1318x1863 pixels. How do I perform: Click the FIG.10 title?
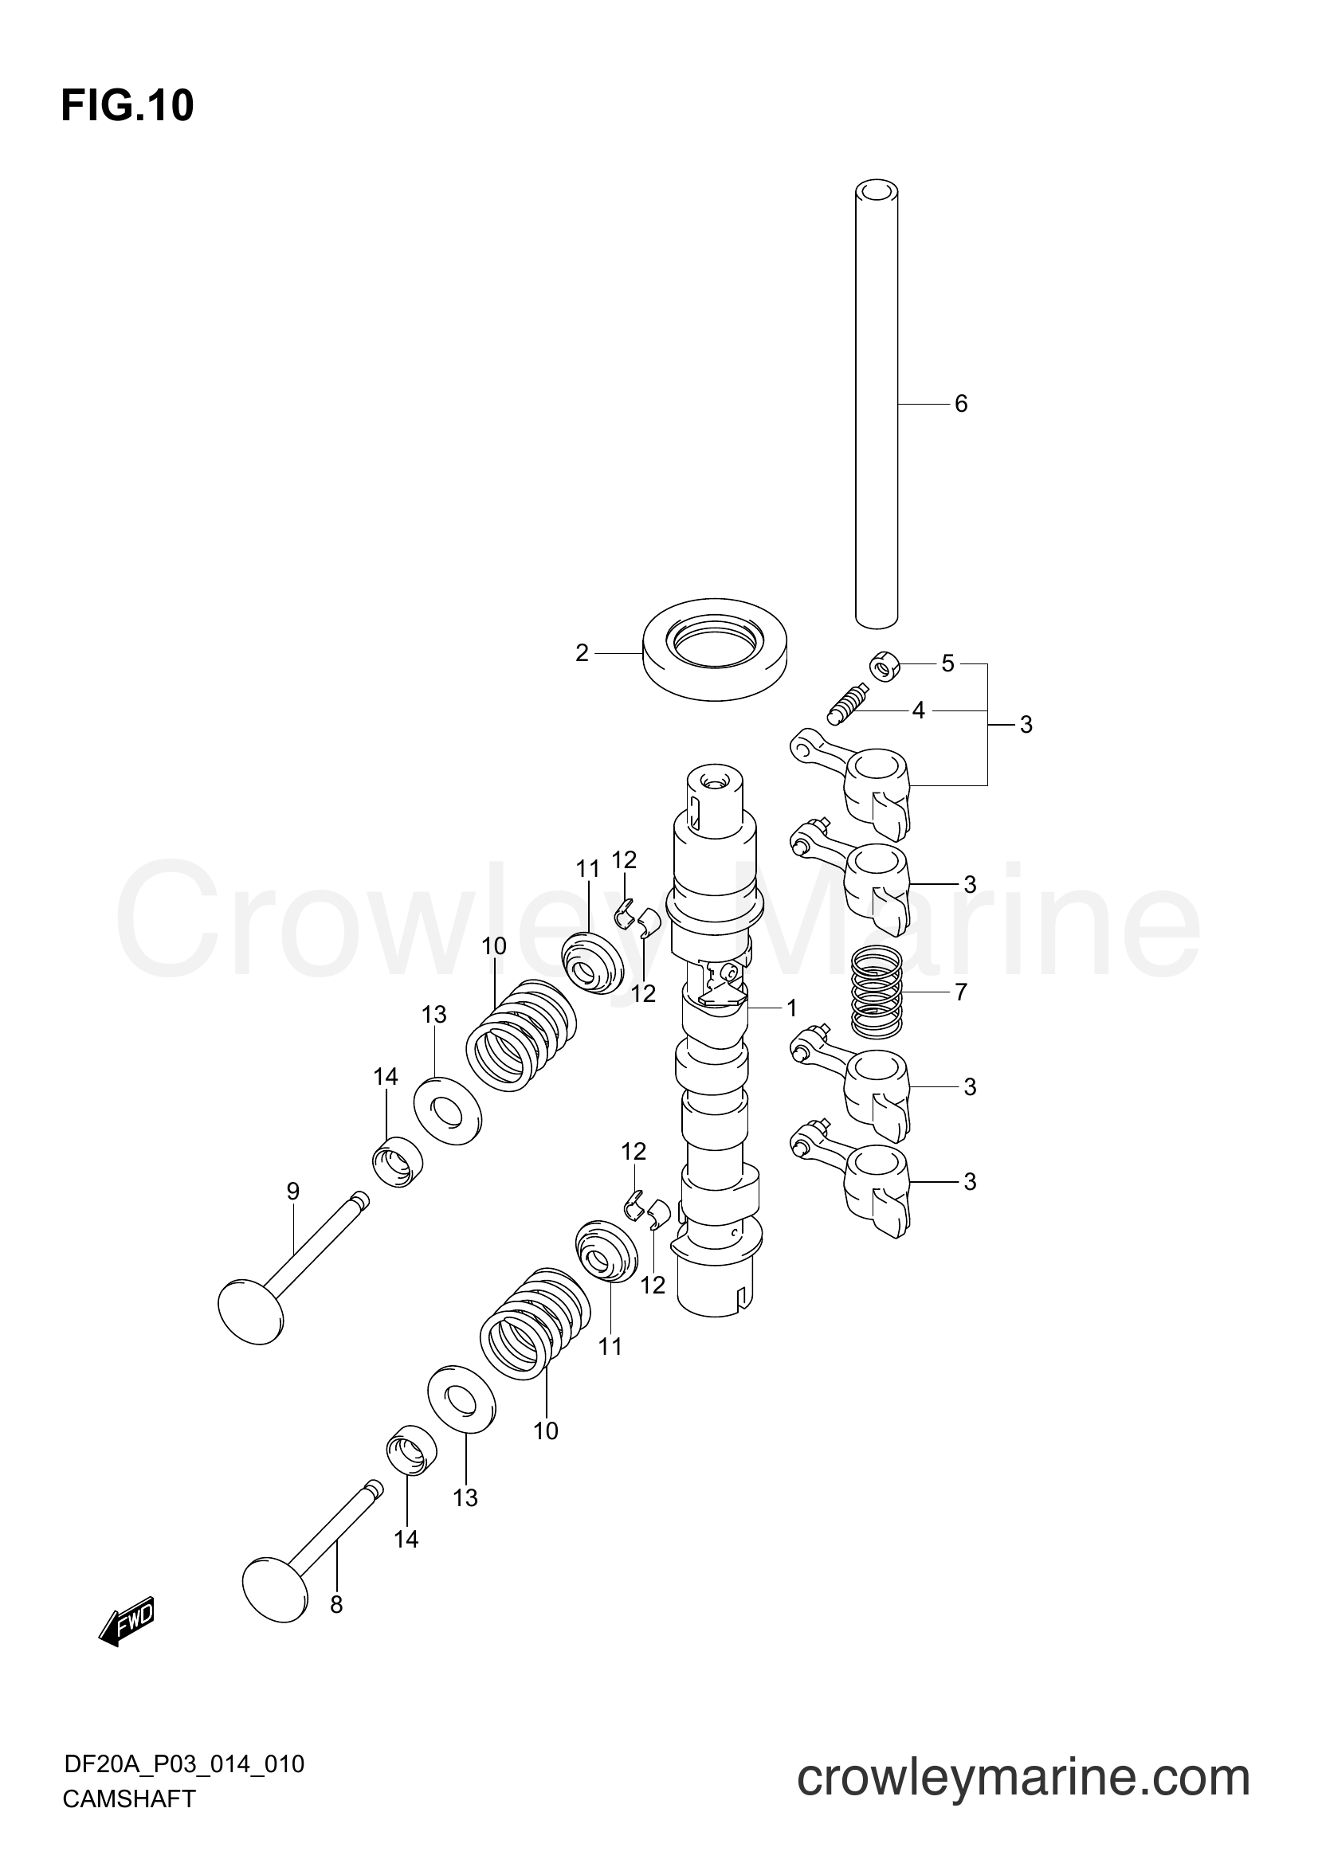[x=127, y=106]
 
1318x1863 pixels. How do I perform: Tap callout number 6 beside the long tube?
[x=961, y=404]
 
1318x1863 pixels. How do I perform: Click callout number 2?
[x=582, y=653]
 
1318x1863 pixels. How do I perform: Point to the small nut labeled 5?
[x=885, y=667]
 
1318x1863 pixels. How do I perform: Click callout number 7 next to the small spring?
[x=961, y=992]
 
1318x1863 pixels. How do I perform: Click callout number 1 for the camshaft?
[x=791, y=1008]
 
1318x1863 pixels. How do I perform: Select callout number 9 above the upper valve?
[x=293, y=1191]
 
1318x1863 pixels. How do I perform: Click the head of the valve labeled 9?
[x=252, y=1312]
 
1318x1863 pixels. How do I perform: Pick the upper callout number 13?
[x=434, y=1014]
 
